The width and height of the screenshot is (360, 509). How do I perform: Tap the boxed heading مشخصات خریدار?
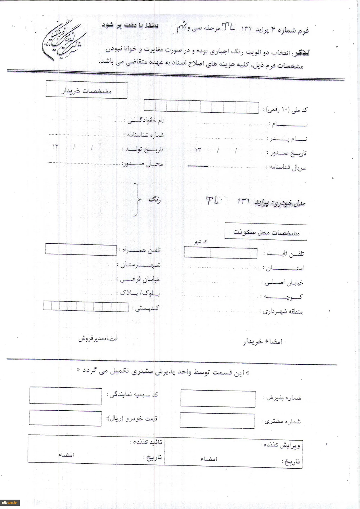(x=86, y=91)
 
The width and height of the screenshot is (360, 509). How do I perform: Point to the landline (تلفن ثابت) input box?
(x=220, y=253)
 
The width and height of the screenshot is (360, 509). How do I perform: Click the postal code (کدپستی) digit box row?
(x=86, y=307)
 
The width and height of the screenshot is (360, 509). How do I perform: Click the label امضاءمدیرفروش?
(x=98, y=339)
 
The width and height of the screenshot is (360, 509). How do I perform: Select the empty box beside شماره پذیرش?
(x=218, y=398)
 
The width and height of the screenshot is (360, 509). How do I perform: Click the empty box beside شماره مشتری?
(x=217, y=421)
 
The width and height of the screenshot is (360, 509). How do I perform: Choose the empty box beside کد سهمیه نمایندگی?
(x=66, y=396)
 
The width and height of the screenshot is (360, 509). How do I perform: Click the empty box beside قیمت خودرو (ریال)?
(x=65, y=418)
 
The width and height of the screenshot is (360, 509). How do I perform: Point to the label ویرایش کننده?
(x=280, y=445)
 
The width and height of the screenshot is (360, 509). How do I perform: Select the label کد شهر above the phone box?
(x=201, y=242)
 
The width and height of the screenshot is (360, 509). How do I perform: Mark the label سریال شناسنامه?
(x=286, y=168)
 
